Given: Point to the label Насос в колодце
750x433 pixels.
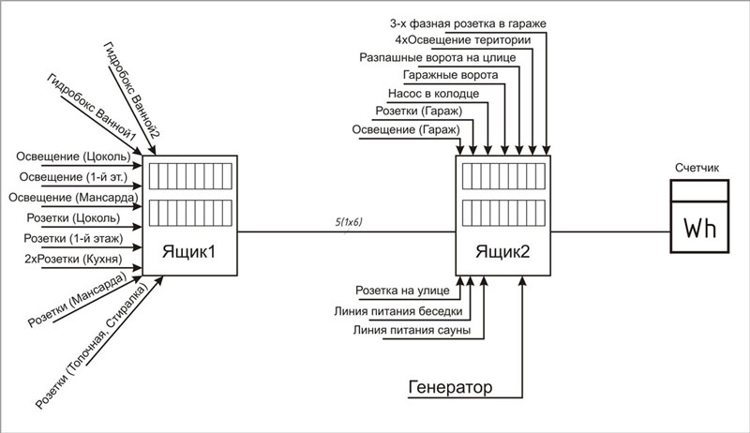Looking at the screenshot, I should point(432,94).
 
